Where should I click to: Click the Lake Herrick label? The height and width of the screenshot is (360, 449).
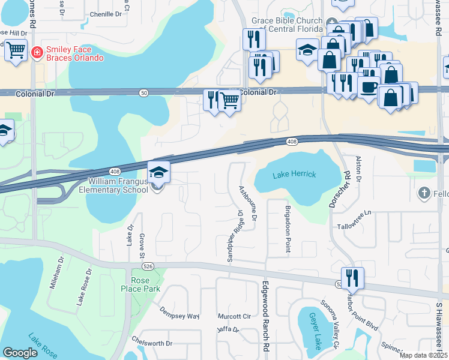(294, 175)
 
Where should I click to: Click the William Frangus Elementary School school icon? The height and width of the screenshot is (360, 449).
(158, 173)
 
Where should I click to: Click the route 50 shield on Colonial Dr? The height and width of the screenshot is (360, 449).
(143, 93)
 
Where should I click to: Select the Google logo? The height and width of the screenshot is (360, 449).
(20, 353)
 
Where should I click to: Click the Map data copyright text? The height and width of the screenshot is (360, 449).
(424, 355)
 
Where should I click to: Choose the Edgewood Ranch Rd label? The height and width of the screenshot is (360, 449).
(264, 315)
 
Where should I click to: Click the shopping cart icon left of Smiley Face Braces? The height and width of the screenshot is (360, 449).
(16, 50)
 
